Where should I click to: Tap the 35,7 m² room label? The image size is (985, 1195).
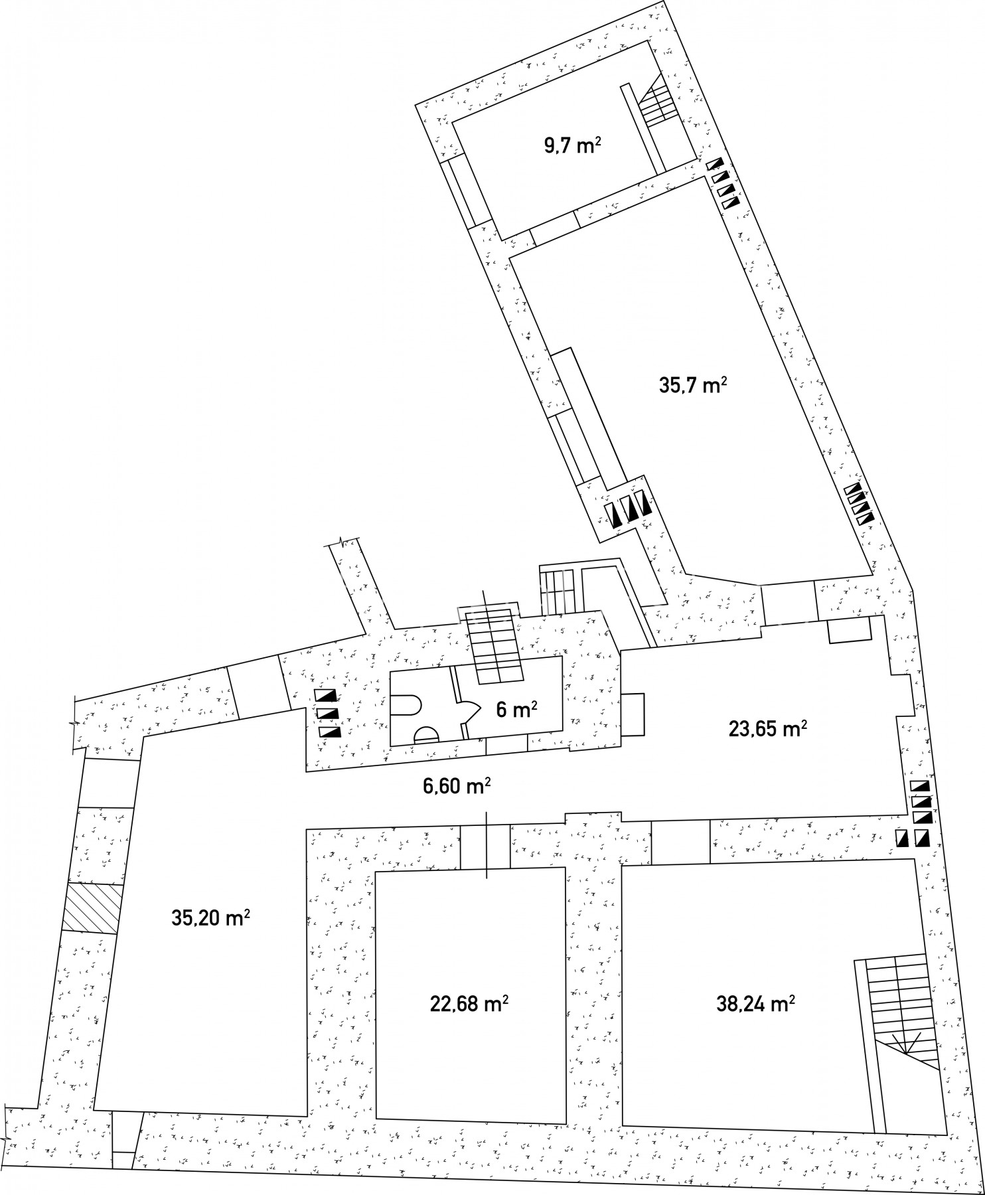coord(690,385)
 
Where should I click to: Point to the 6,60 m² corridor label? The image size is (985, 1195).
coord(457,786)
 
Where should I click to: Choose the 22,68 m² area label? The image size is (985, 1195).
coord(469,1003)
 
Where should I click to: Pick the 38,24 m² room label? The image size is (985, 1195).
coord(755,1003)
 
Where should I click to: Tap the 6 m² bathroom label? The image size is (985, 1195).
coord(516,710)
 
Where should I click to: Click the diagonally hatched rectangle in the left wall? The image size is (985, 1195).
coord(93,908)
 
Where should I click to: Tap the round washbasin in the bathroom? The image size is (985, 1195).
coord(426,734)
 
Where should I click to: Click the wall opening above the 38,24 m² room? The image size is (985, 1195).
coord(680,842)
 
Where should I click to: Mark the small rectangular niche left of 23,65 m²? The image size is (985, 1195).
coord(633,714)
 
